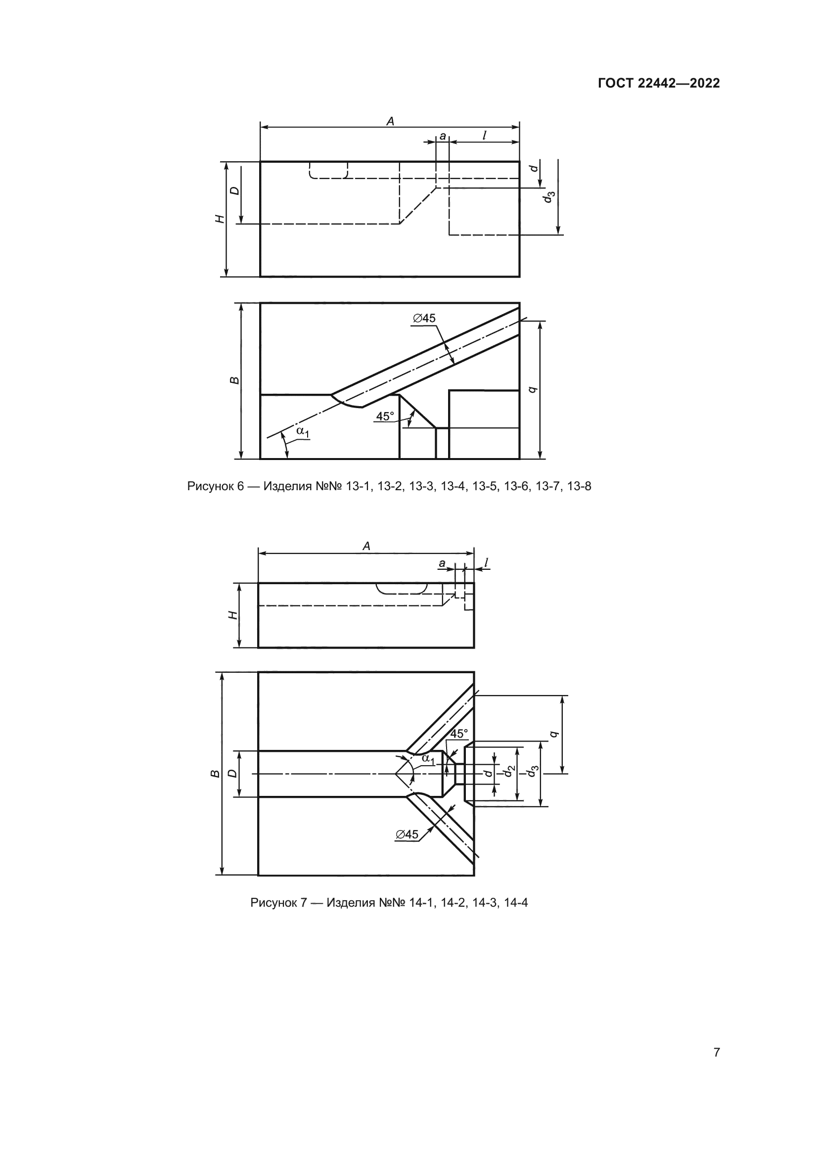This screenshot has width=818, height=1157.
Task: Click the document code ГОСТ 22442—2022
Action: (659, 83)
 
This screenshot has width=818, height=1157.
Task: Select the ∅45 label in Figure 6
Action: (424, 318)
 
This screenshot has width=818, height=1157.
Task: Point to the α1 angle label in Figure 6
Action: (302, 431)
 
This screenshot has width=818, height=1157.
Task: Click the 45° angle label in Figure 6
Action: (385, 416)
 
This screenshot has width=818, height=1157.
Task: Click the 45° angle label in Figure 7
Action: (459, 734)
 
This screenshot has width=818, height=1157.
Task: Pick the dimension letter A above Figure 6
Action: (390, 121)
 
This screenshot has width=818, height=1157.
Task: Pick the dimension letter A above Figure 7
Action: (366, 546)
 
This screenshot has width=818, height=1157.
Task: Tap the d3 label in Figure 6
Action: (548, 197)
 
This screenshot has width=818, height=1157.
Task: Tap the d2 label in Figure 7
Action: (510, 771)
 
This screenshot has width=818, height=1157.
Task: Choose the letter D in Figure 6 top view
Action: (235, 191)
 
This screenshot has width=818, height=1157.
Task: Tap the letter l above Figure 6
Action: (484, 135)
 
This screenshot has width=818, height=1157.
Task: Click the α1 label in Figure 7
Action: (428, 759)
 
